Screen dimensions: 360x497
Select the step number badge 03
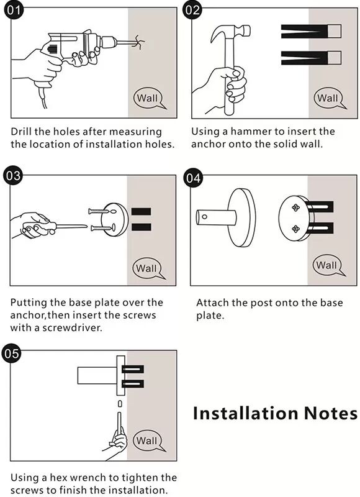[x=12, y=175]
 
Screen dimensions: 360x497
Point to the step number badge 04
[x=193, y=178]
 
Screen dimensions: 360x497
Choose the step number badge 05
[x=12, y=353]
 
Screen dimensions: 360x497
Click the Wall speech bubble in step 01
[x=149, y=99]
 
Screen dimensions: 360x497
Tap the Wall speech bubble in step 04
[x=328, y=265]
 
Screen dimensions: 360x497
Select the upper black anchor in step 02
[x=311, y=32]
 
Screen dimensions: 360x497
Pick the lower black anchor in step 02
[x=311, y=58]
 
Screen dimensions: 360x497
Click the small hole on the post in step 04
[x=205, y=217]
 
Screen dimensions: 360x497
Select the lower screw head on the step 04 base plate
[x=295, y=229]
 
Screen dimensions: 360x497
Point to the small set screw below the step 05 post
[x=120, y=403]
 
